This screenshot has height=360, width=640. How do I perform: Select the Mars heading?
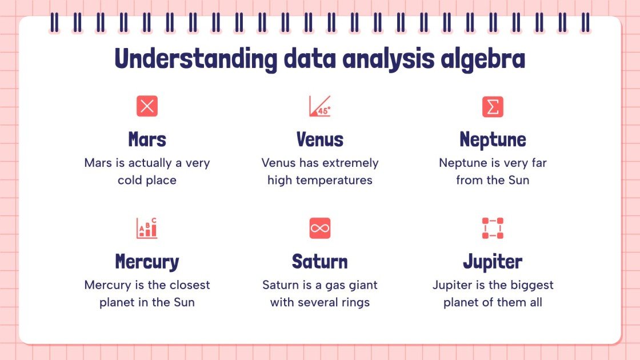pyautogui.click(x=147, y=139)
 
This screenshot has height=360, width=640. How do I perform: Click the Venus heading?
pyautogui.click(x=319, y=139)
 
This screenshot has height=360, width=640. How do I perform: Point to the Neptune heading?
pyautogui.click(x=493, y=140)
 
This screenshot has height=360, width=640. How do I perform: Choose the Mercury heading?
pyautogui.click(x=147, y=262)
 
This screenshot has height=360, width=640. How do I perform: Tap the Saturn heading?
pyautogui.click(x=319, y=262)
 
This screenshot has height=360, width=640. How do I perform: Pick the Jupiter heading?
pyautogui.click(x=493, y=262)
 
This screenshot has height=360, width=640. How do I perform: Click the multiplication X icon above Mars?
pyautogui.click(x=147, y=106)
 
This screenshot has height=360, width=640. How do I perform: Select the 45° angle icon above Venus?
pyautogui.click(x=319, y=106)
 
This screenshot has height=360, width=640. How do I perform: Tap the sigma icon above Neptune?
pyautogui.click(x=493, y=106)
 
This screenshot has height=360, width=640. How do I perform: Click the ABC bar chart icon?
pyautogui.click(x=147, y=228)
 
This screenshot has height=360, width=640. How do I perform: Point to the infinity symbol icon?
pyautogui.click(x=319, y=228)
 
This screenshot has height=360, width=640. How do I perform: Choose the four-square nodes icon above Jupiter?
pyautogui.click(x=493, y=228)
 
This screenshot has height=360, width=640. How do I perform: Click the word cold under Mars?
pyautogui.click(x=129, y=180)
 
